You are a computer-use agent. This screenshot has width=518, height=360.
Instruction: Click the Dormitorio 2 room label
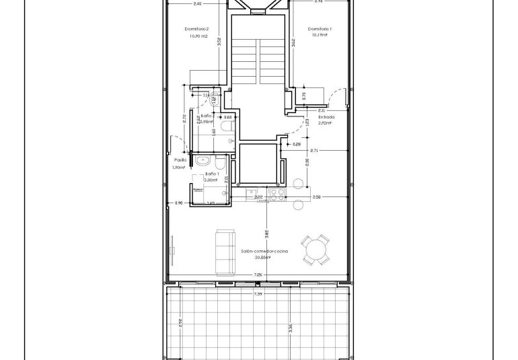197,29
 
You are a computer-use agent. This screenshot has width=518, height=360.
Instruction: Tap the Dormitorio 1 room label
320,29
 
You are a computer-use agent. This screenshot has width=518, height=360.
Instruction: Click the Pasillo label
180,160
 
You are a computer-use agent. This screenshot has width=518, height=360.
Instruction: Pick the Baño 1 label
204,174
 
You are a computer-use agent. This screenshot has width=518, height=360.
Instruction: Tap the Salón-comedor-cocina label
264,250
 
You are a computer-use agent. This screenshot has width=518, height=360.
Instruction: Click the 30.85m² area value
264,257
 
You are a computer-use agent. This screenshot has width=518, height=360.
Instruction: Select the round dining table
316,251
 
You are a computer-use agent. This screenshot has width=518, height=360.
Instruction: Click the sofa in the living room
224,251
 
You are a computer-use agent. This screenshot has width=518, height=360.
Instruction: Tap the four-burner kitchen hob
277,194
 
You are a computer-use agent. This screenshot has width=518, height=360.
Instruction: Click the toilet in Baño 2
227,126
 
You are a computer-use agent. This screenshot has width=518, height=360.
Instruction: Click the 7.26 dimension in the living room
258,275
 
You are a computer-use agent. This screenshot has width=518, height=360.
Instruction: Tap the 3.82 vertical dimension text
267,234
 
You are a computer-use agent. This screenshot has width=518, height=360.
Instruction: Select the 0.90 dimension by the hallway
178,203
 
